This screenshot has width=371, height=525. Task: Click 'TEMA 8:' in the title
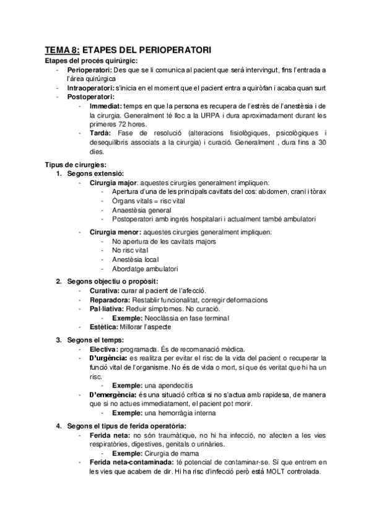click(x=62, y=49)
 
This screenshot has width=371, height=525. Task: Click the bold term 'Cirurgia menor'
click(x=114, y=232)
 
